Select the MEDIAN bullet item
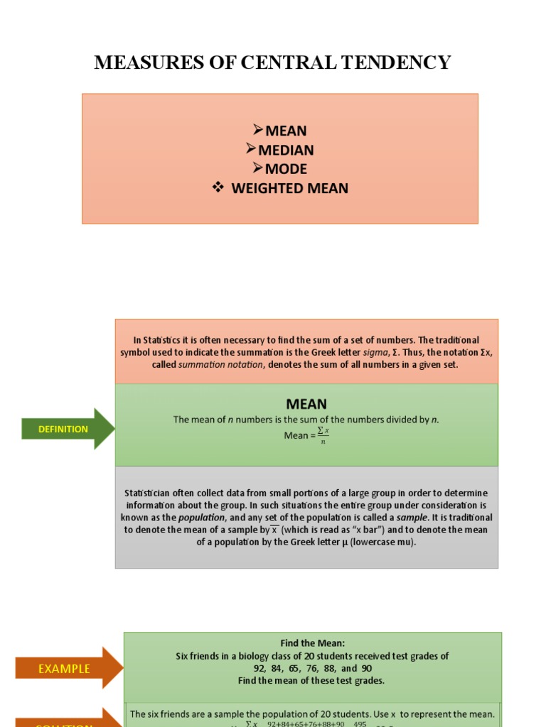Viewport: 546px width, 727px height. point(286,150)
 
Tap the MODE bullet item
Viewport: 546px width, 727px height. point(286,169)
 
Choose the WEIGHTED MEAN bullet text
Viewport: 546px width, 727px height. point(290,188)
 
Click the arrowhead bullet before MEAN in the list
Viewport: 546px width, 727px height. point(258,130)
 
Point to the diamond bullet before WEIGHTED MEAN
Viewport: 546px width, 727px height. point(218,187)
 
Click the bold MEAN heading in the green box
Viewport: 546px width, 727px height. point(306,404)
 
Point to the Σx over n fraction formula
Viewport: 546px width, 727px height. point(323,434)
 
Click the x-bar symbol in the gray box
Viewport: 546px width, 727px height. point(275,530)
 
